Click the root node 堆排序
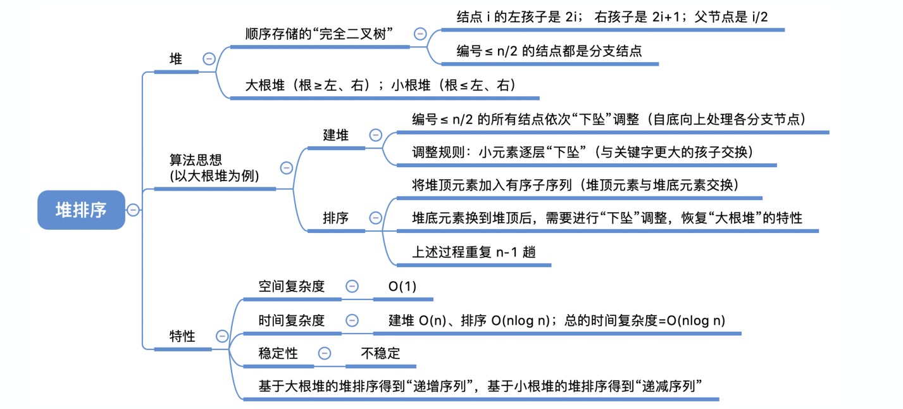pyautogui.click(x=81, y=210)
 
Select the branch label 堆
pyautogui.click(x=175, y=60)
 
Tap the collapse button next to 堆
pyautogui.click(x=209, y=59)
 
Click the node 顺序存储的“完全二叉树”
pyautogui.click(x=319, y=34)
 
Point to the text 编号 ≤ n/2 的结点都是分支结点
pyautogui.click(x=549, y=51)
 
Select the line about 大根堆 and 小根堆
pyautogui.click(x=380, y=85)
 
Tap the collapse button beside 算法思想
pyautogui.click(x=286, y=168)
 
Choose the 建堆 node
pyautogui.click(x=335, y=135)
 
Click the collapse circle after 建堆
pyautogui.click(x=375, y=135)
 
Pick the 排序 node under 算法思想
pyautogui.click(x=335, y=218)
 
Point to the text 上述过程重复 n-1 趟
pyautogui.click(x=474, y=251)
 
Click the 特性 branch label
pyautogui.click(x=182, y=336)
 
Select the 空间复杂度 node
pyautogui.click(x=291, y=286)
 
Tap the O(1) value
pyautogui.click(x=402, y=286)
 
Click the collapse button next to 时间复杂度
pyautogui.click(x=352, y=320)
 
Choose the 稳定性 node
pyautogui.click(x=278, y=353)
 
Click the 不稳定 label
pyautogui.click(x=380, y=353)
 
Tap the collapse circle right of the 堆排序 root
pyautogui.click(x=133, y=210)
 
